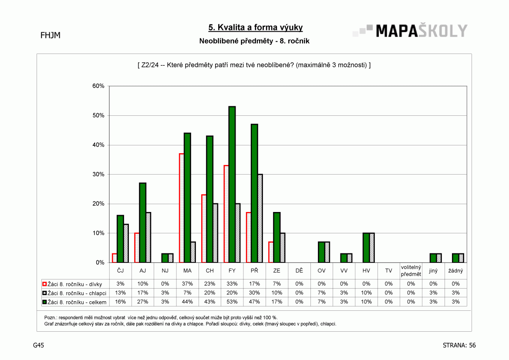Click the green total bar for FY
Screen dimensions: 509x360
tap(232, 185)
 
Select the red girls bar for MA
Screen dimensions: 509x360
tap(182, 208)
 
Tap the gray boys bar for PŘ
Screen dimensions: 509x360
tap(260, 219)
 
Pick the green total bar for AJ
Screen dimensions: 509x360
tap(142, 223)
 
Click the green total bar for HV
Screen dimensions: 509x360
tap(366, 248)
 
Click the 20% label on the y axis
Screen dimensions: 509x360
tap(98, 204)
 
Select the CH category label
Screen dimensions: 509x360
tap(210, 271)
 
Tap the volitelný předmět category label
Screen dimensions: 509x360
tap(411, 271)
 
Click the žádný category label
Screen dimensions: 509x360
tap(456, 271)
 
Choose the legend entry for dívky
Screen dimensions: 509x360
tap(72, 284)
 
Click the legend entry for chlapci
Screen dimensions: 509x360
tap(74, 293)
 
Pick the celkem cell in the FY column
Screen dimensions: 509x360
tap(232, 302)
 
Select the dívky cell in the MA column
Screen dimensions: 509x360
tap(187, 284)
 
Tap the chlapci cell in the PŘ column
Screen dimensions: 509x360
tap(254, 293)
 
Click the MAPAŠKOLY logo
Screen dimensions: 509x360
tap(410, 31)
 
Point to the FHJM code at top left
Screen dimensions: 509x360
tap(51, 35)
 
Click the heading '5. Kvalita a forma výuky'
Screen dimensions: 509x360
tap(256, 27)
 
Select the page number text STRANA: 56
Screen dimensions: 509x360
tap(459, 345)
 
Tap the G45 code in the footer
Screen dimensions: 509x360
tap(39, 345)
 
